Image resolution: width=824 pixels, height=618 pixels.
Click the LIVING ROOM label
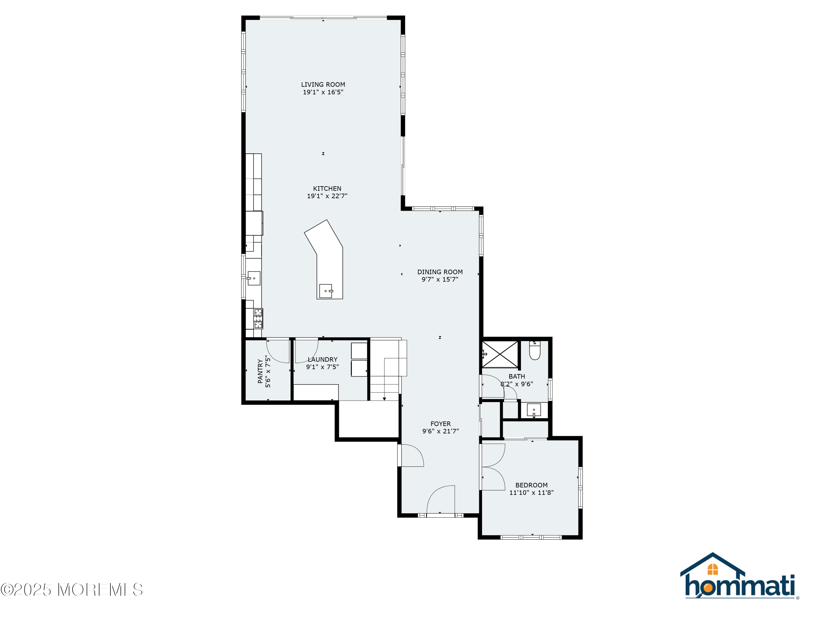[x=323, y=85]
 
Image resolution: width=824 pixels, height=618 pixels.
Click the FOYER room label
[x=440, y=424]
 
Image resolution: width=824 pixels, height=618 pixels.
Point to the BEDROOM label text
[x=531, y=485]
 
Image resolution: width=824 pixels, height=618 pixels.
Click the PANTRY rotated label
[x=260, y=371]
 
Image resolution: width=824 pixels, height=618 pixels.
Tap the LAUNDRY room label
[x=322, y=360]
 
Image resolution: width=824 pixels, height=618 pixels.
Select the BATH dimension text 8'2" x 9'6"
[x=516, y=384]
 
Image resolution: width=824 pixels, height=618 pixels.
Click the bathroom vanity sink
[x=533, y=410]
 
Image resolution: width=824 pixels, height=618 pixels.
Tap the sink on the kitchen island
[x=326, y=291]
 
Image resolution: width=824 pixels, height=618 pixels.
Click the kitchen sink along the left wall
[x=254, y=278]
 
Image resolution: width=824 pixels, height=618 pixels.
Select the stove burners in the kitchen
[x=258, y=319]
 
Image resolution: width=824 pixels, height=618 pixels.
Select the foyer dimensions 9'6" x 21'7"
[x=440, y=432]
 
